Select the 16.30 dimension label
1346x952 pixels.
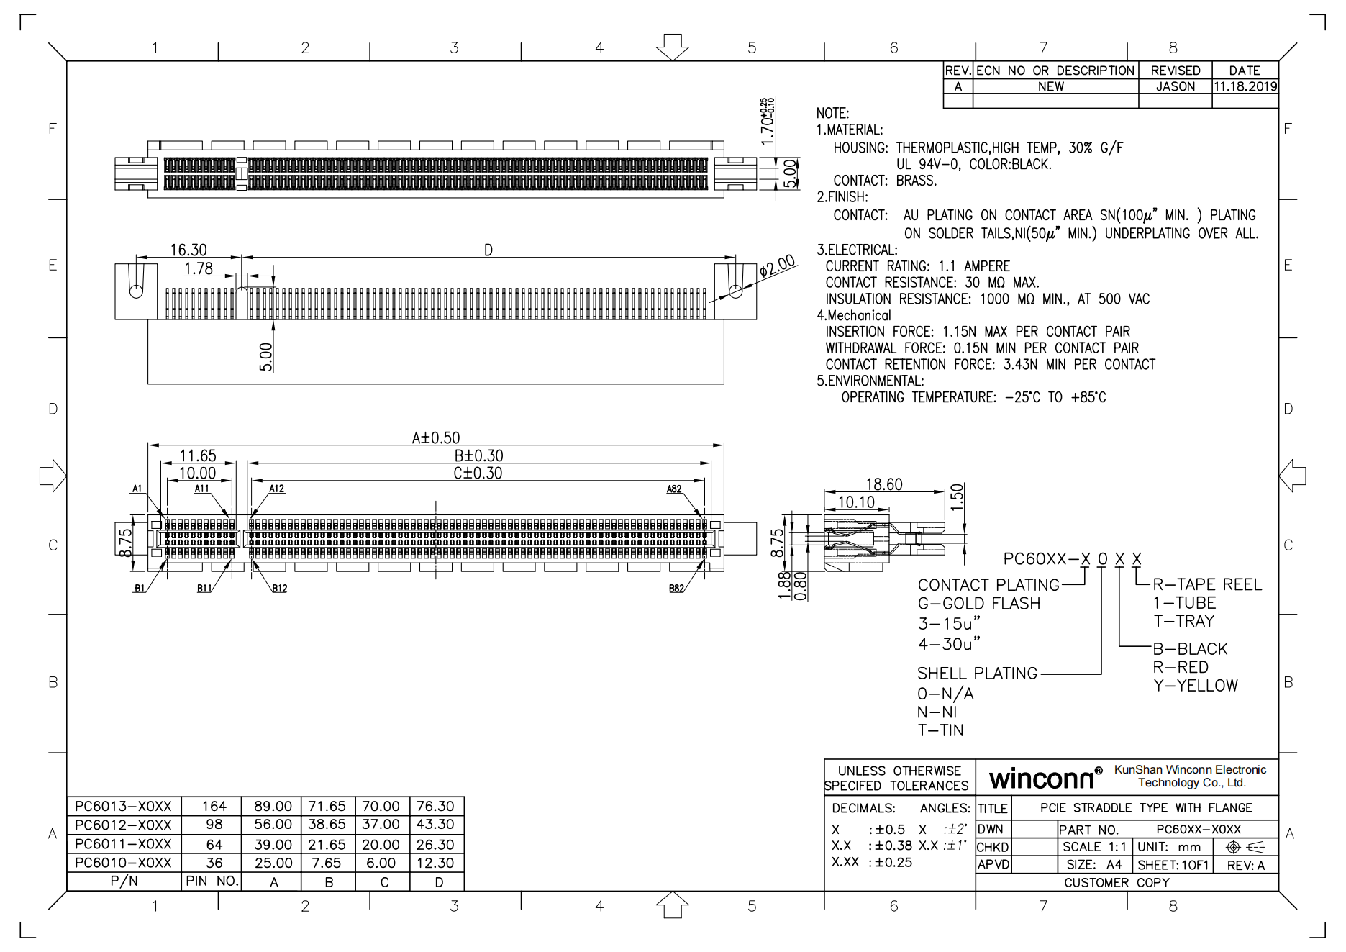(x=188, y=250)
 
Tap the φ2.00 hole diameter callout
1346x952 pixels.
(x=777, y=266)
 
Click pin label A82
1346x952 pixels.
(x=673, y=489)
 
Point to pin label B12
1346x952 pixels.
(x=279, y=589)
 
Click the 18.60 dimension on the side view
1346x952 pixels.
(x=883, y=484)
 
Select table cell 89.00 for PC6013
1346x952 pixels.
(x=273, y=806)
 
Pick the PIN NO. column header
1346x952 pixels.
(x=212, y=881)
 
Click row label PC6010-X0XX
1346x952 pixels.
(x=123, y=862)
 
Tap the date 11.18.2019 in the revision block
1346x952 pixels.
(x=1245, y=86)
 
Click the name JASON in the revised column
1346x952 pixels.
(x=1175, y=86)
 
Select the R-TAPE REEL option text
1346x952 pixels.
(x=1207, y=584)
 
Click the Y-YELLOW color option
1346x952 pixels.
(x=1196, y=686)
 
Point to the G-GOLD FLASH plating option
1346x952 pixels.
(x=979, y=604)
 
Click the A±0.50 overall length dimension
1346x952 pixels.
(x=435, y=438)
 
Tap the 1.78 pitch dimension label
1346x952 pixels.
(x=199, y=268)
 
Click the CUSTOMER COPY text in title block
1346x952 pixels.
(x=1117, y=882)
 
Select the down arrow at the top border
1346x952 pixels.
(x=672, y=47)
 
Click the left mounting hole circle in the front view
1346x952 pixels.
(x=136, y=291)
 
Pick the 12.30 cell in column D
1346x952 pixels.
(x=435, y=862)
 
